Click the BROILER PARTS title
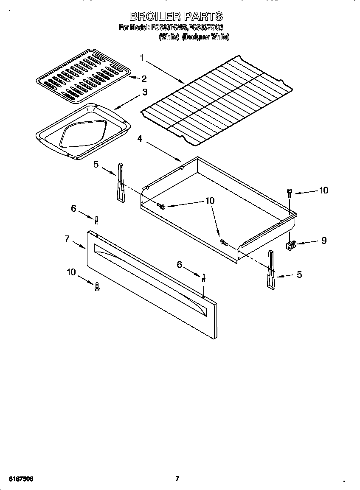(x=176, y=16)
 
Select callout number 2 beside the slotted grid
(x=144, y=78)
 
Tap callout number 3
(x=145, y=92)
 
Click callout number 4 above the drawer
(x=140, y=139)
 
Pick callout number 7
(x=67, y=239)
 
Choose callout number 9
(x=323, y=241)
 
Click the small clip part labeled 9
(x=291, y=245)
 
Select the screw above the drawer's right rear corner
(x=289, y=193)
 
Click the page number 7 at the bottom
(x=177, y=479)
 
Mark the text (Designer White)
(x=205, y=37)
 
